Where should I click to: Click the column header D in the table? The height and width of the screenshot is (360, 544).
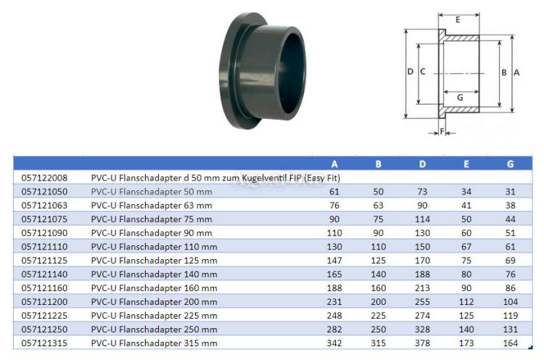pos(422,164)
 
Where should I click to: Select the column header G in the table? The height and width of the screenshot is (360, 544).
pos(510,164)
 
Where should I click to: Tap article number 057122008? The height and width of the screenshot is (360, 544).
pos(44,178)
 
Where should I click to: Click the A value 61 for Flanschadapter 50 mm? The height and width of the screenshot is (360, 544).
pos(334,192)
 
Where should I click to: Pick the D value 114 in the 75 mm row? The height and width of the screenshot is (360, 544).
pos(422,219)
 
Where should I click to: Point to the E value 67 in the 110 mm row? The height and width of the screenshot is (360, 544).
pos(466,247)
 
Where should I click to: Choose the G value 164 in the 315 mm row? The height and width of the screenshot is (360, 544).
pos(511,343)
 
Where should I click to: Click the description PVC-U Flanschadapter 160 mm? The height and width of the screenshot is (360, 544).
pos(154,288)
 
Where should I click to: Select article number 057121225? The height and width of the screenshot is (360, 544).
pos(44,316)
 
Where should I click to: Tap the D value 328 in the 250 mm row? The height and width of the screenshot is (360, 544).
pos(422,329)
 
